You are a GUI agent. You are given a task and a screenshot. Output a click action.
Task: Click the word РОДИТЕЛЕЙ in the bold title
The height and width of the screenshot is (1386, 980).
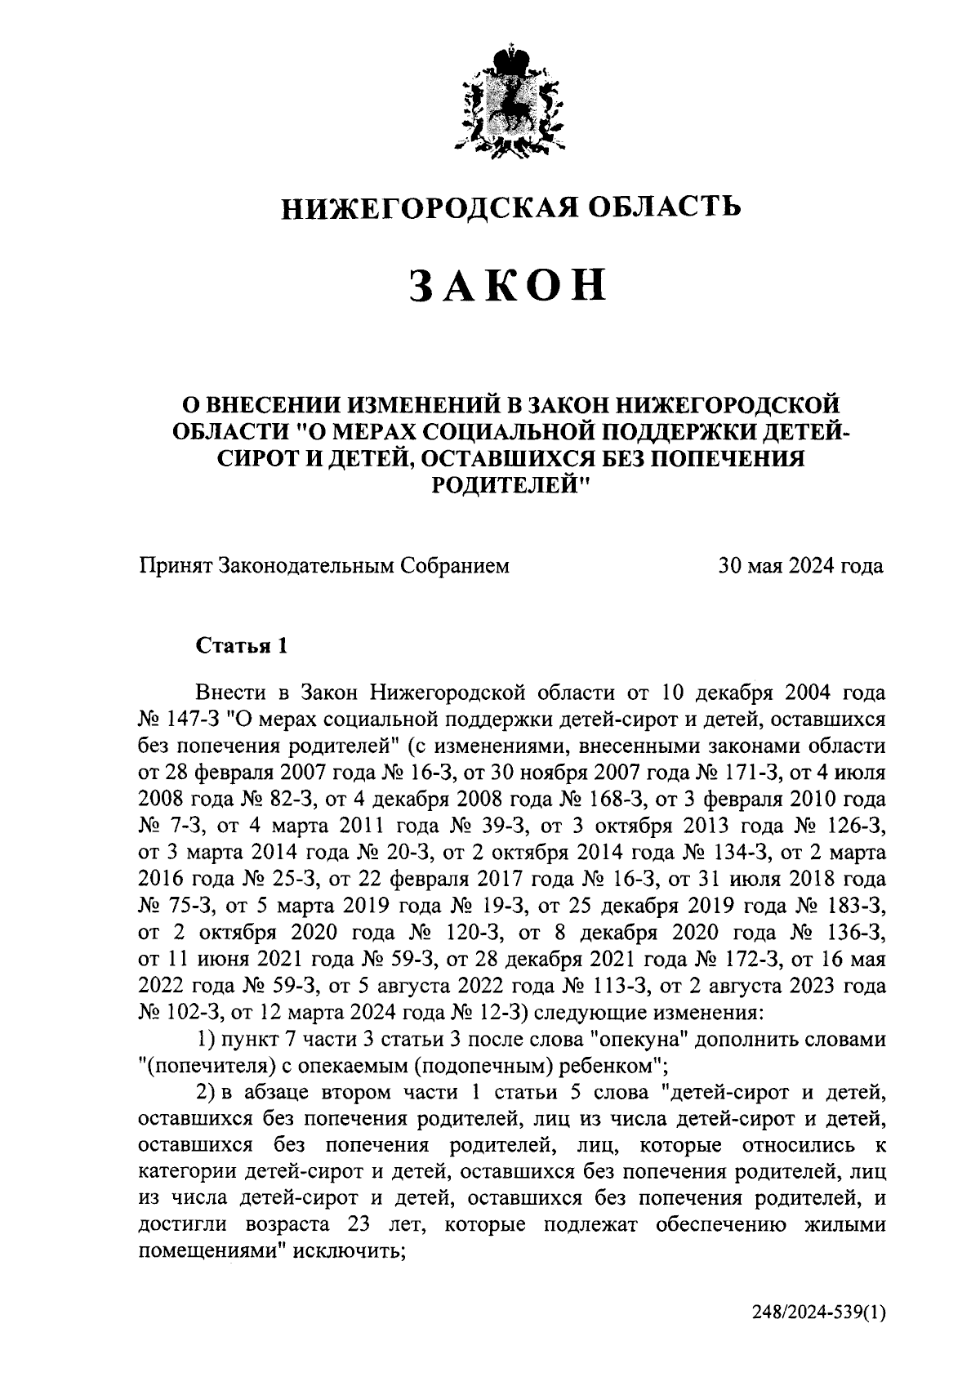tap(506, 485)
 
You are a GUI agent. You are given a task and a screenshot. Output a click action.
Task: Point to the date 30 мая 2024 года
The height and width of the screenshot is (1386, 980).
tap(800, 565)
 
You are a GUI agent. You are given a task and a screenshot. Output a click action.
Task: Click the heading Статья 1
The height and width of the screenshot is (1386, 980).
tap(242, 645)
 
